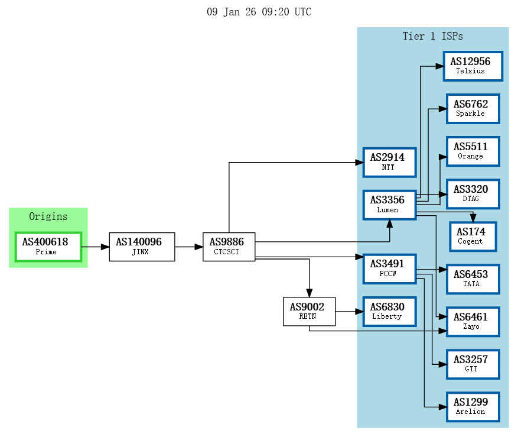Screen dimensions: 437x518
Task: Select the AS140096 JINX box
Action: [x=142, y=247]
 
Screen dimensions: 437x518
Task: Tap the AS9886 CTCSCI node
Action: [x=229, y=247]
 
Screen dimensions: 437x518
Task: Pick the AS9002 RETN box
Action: [x=309, y=311]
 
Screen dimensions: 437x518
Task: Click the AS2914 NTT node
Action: [x=389, y=162]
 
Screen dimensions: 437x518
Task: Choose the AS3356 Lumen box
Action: [x=389, y=205]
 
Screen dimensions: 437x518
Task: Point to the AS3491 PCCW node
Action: [x=389, y=268]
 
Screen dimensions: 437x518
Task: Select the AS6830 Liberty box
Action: [x=389, y=311]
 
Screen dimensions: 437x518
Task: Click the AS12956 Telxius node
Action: [x=473, y=66]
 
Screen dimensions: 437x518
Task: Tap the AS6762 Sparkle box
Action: [x=473, y=109]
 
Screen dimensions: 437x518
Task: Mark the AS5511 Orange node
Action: [x=473, y=151]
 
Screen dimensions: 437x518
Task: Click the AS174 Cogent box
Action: [x=473, y=237]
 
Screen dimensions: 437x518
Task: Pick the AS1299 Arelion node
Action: [x=473, y=407]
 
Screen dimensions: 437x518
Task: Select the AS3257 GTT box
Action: [x=473, y=364]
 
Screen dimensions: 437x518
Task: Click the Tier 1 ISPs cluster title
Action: [x=432, y=36]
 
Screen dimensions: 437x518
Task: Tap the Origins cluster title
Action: [x=48, y=216]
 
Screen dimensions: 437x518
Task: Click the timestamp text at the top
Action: [x=259, y=12]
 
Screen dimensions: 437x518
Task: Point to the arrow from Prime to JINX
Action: [x=95, y=247]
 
